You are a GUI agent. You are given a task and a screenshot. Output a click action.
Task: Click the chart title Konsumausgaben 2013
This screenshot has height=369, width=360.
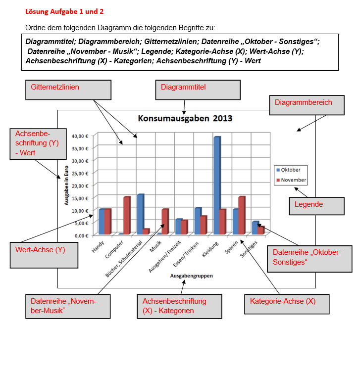point(185,118)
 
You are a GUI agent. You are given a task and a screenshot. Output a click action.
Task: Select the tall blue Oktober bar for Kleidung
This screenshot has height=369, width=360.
point(216,183)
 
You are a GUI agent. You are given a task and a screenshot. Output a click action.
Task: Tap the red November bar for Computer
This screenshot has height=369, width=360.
point(127,215)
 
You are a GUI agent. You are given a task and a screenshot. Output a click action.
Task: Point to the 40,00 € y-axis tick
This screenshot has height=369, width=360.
point(80,136)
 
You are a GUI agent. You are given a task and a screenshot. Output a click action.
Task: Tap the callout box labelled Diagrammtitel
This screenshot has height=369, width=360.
point(198,90)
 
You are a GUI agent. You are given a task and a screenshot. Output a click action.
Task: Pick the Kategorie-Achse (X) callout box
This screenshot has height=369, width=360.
point(287,304)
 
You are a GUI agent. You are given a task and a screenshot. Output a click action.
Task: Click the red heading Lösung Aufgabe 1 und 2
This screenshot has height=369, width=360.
point(64,11)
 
